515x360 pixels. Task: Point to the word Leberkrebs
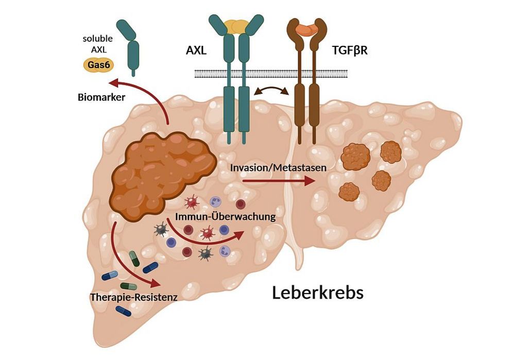[318, 293]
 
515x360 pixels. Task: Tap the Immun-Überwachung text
[225, 217]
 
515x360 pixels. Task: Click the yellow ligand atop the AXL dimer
[236, 25]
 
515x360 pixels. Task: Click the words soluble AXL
[97, 44]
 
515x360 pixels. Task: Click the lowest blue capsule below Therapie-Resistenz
[123, 311]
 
